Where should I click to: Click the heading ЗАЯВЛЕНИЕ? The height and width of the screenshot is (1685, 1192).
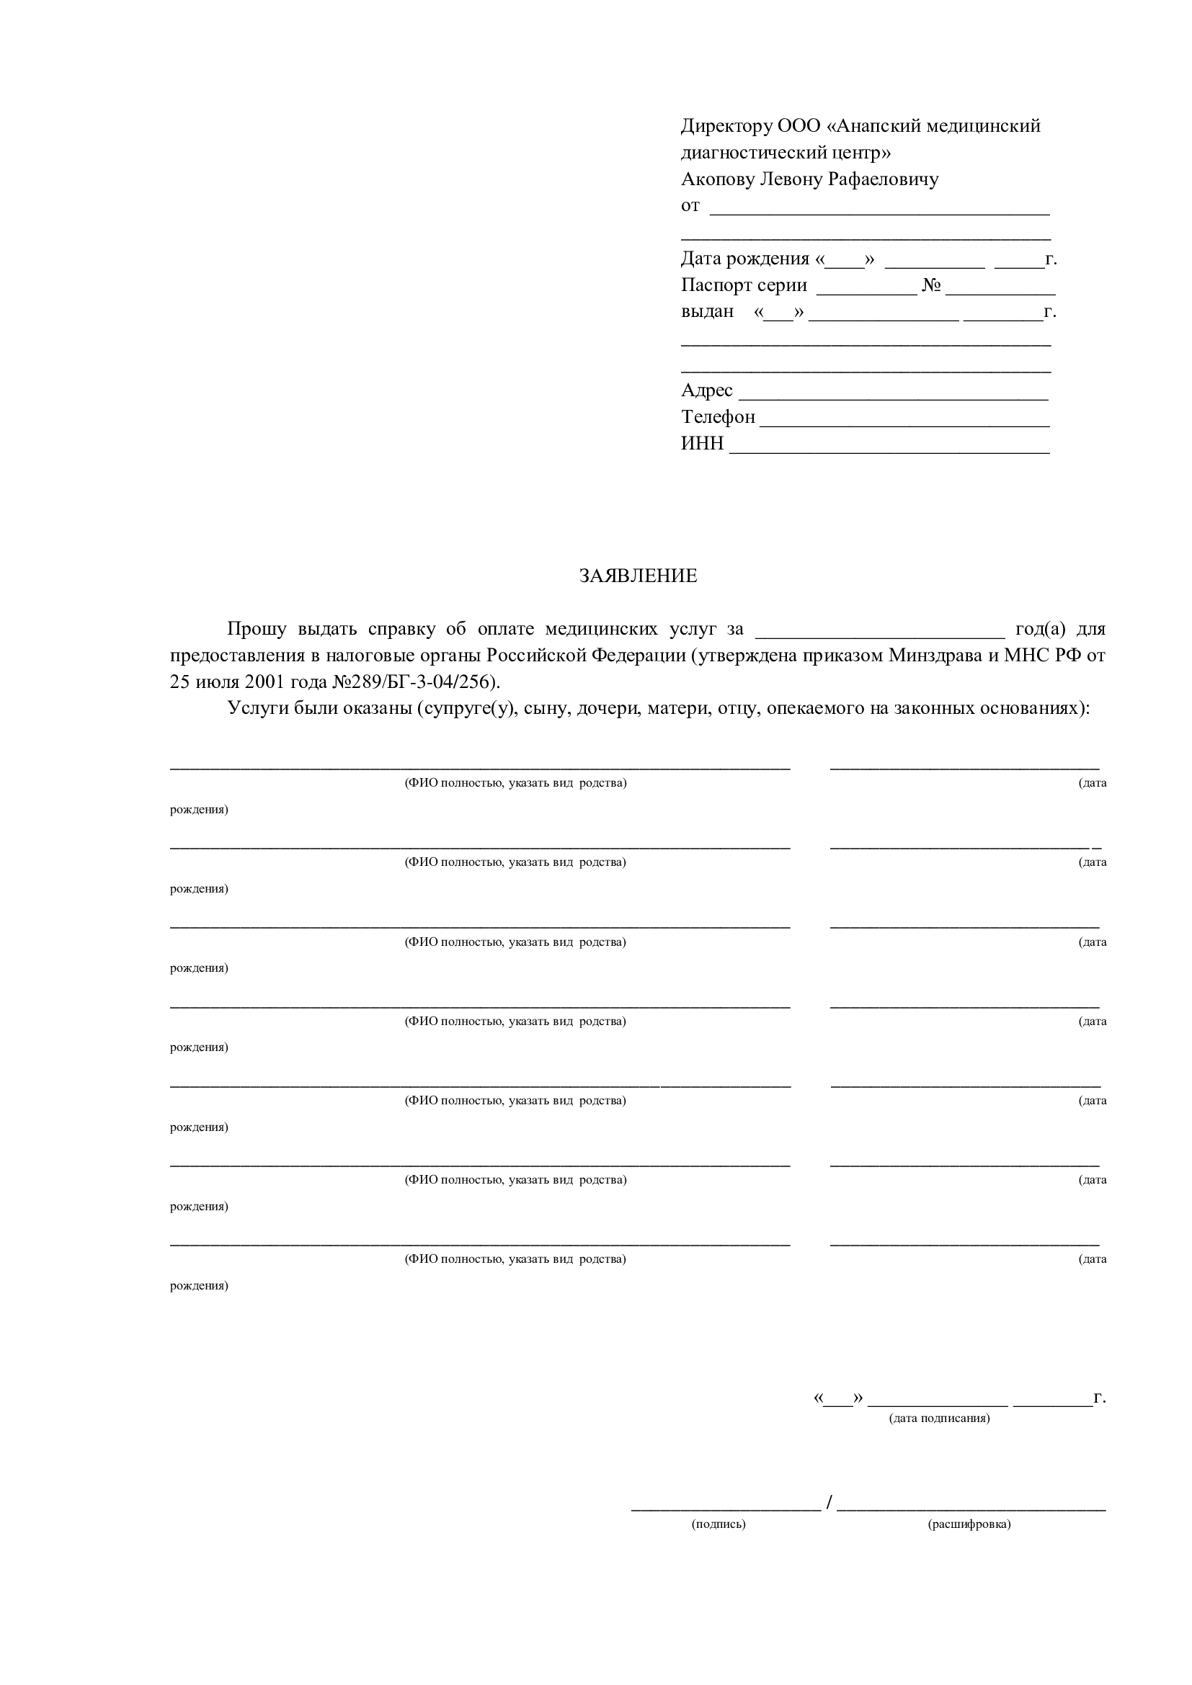tap(638, 576)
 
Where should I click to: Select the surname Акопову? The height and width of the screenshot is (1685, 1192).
tap(717, 179)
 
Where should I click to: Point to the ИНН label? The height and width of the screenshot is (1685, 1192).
tap(702, 443)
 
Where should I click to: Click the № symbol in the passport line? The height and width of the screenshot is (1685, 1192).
tap(931, 285)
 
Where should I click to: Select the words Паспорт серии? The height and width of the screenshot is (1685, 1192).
tap(744, 285)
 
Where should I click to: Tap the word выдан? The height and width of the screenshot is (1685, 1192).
tap(707, 312)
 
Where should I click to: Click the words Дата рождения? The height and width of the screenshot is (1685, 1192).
tap(744, 259)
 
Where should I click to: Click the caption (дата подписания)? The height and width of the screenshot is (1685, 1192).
tap(939, 1418)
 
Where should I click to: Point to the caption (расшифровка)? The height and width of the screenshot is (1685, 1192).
tap(969, 1524)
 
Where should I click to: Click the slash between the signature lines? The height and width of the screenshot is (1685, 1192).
tap(829, 1503)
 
